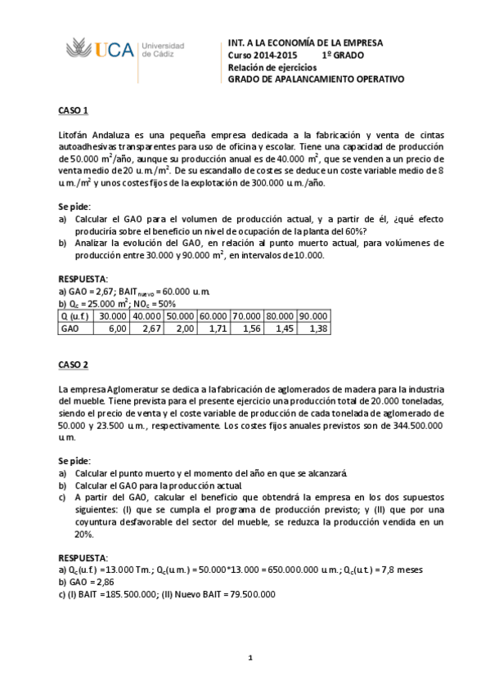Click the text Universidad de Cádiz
click(163, 50)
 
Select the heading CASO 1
click(73, 110)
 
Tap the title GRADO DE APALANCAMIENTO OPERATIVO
click(316, 79)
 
